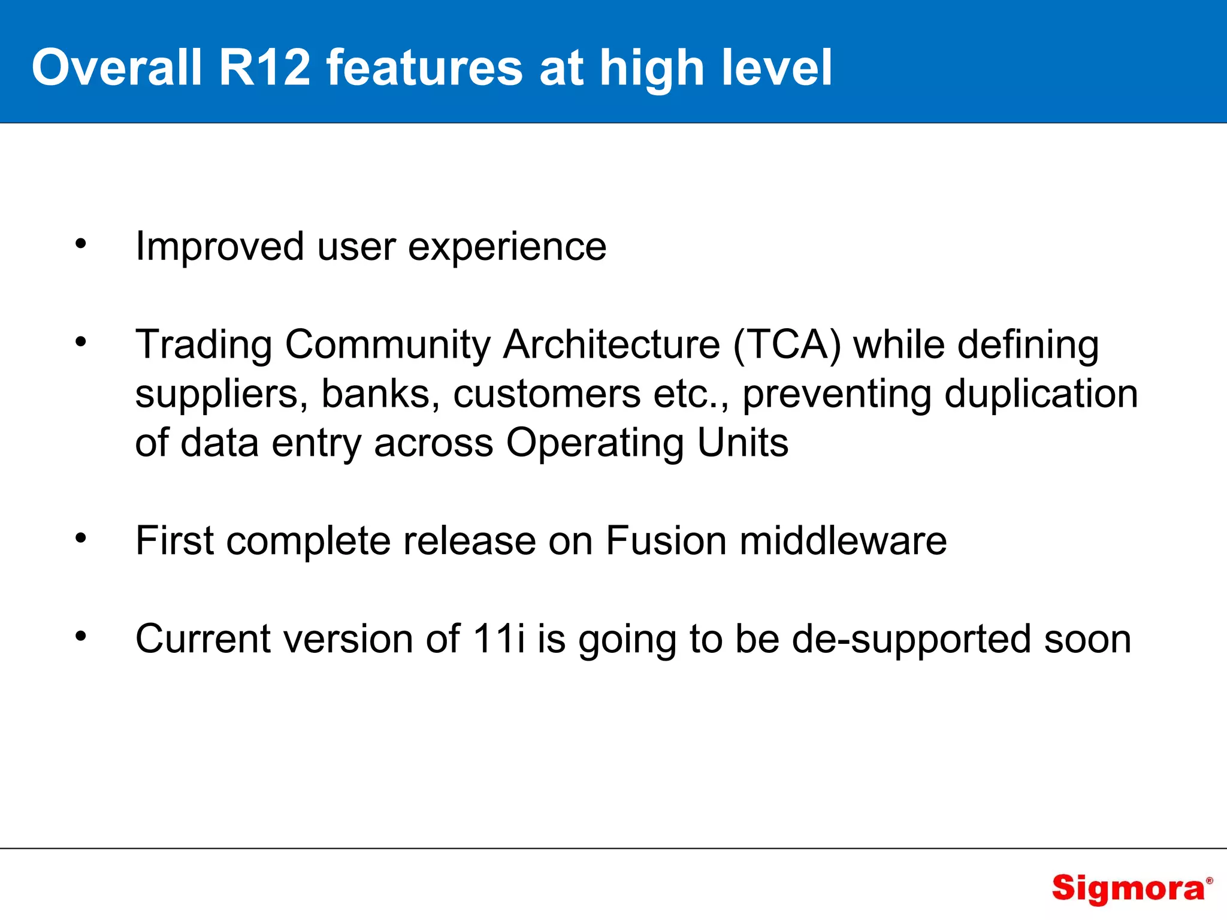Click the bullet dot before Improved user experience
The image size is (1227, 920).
click(81, 244)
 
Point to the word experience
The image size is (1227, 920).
click(507, 247)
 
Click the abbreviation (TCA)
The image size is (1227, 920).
click(787, 345)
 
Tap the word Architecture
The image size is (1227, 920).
click(611, 345)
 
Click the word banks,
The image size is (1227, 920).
click(380, 395)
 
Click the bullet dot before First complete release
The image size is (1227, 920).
click(81, 538)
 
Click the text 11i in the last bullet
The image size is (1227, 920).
click(498, 638)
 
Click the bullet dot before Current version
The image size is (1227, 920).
click(81, 636)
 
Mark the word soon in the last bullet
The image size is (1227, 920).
click(1087, 640)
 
